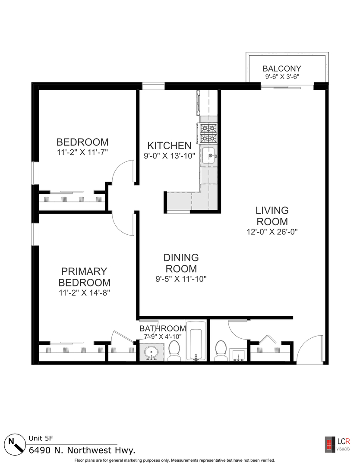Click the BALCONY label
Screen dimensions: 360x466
[282, 69]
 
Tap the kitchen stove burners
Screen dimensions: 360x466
[208, 133]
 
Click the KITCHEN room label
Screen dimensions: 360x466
[170, 146]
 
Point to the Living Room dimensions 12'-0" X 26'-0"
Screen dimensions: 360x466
[272, 232]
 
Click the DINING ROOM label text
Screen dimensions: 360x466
[181, 263]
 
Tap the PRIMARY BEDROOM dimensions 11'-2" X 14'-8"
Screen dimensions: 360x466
[85, 293]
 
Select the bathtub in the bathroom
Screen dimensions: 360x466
[196, 340]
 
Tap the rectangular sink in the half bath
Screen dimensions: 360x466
[238, 355]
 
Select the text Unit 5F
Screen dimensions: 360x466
[41, 438]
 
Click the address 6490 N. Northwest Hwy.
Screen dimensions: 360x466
[82, 450]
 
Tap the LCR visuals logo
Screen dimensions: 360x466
[337, 444]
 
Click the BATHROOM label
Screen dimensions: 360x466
[163, 328]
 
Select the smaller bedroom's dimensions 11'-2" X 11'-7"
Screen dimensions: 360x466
[82, 152]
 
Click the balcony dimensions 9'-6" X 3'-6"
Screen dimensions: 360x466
[282, 77]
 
